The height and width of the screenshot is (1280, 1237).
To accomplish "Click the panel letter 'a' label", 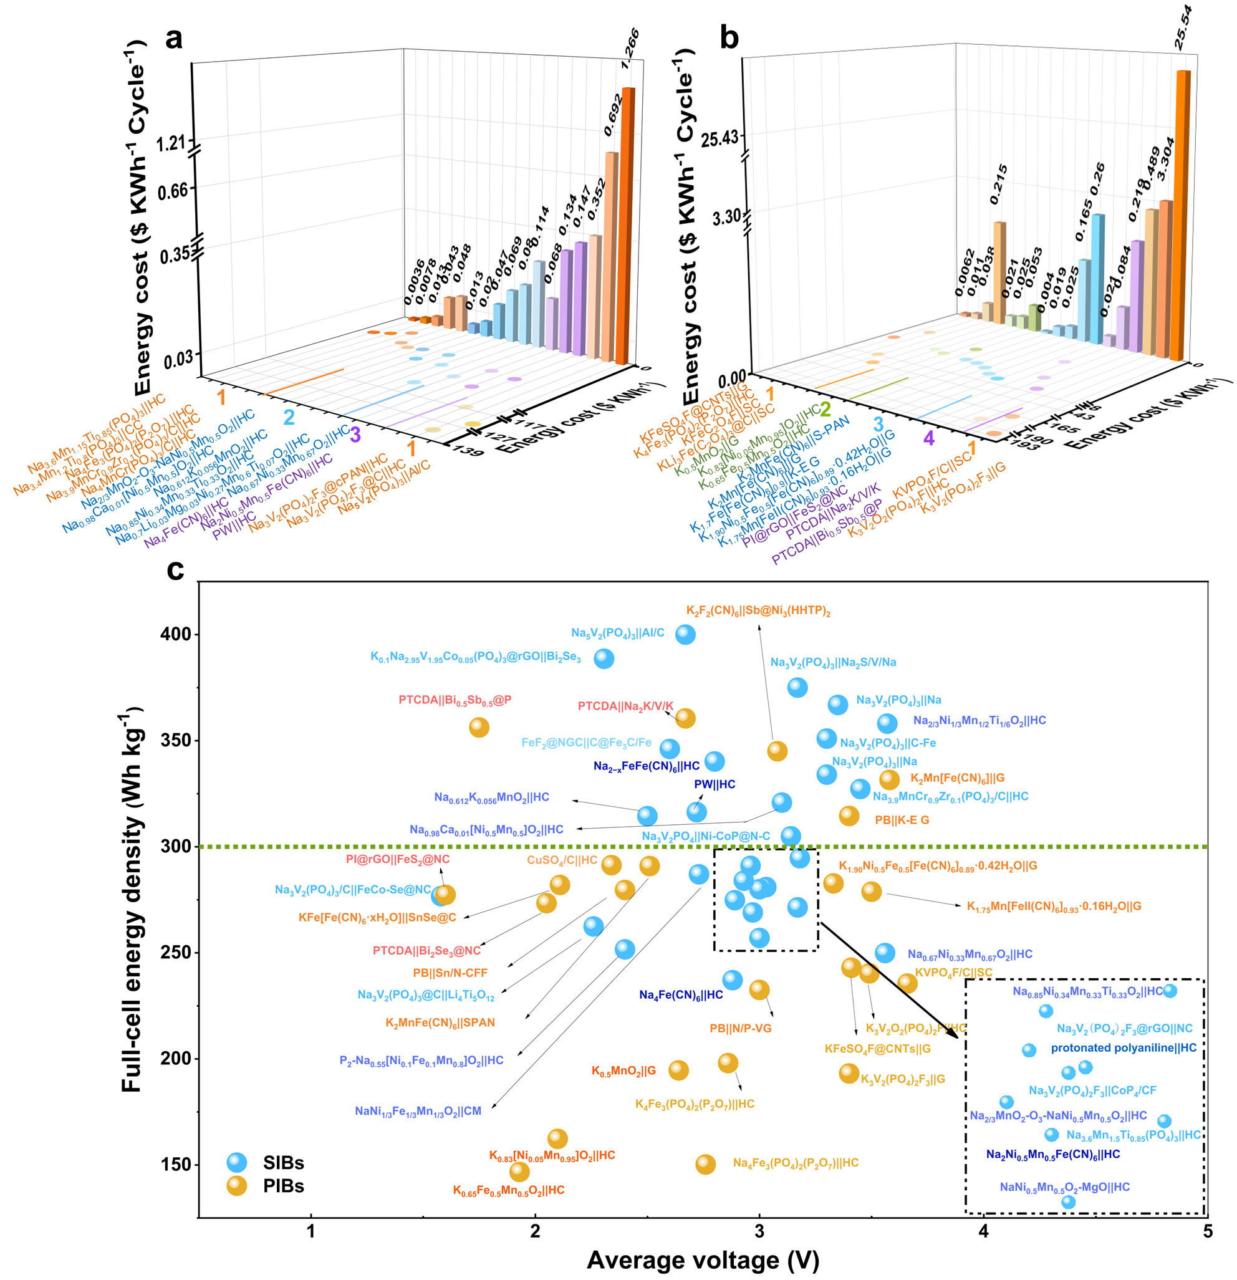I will pos(174,39).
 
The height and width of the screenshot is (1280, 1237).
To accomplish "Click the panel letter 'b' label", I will pos(729,39).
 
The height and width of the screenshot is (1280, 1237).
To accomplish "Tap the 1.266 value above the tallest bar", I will pos(630,50).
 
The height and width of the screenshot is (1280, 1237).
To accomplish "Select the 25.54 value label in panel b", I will pos(1183,27).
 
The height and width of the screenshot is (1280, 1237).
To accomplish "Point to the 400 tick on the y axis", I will pos(176,634).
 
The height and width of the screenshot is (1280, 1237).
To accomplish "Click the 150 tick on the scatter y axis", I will pos(176,1165).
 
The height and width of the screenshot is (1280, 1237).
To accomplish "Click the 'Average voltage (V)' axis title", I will pos(703,1261).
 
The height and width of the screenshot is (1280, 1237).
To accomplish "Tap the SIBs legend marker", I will pos(237,1162).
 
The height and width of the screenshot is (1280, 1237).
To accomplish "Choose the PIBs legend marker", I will pos(237,1186).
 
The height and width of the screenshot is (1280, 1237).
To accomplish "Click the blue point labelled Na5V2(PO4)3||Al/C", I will pos(685,634).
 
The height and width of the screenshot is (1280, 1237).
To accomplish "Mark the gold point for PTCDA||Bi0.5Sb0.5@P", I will pos(479,728).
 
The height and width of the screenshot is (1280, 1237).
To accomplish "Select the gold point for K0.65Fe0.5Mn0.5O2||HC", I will pos(520,1172).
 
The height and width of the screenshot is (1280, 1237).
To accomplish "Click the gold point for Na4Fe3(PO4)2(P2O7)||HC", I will pos(705,1164).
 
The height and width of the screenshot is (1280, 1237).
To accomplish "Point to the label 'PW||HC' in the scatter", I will pos(715,784).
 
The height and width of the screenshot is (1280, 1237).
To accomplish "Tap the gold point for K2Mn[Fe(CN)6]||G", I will pos(890,779).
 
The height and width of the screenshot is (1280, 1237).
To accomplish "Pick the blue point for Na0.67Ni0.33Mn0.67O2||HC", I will pos(885,953).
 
